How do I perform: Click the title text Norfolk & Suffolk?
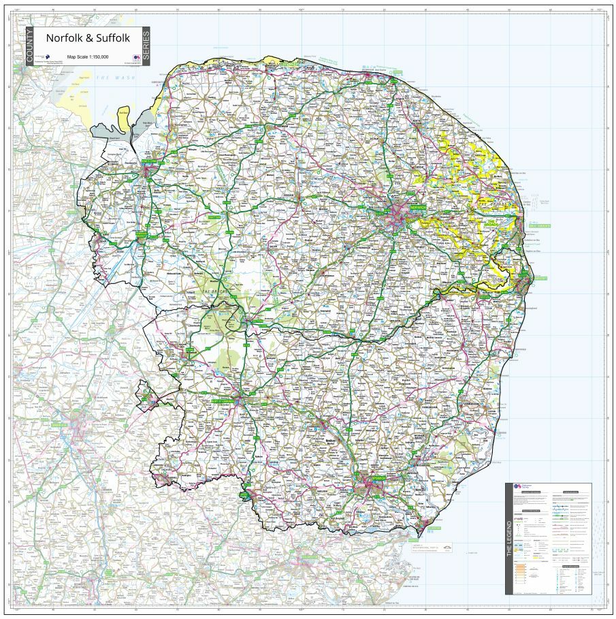pyautogui.click(x=88, y=39)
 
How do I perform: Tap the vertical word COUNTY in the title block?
pyautogui.click(x=29, y=46)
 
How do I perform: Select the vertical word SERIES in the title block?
pyautogui.click(x=146, y=46)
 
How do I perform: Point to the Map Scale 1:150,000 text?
pyautogui.click(x=88, y=57)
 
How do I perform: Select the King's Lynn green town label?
pyautogui.click(x=149, y=162)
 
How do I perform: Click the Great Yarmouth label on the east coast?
pyautogui.click(x=537, y=226)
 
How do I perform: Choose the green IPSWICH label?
pyautogui.click(x=378, y=478)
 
